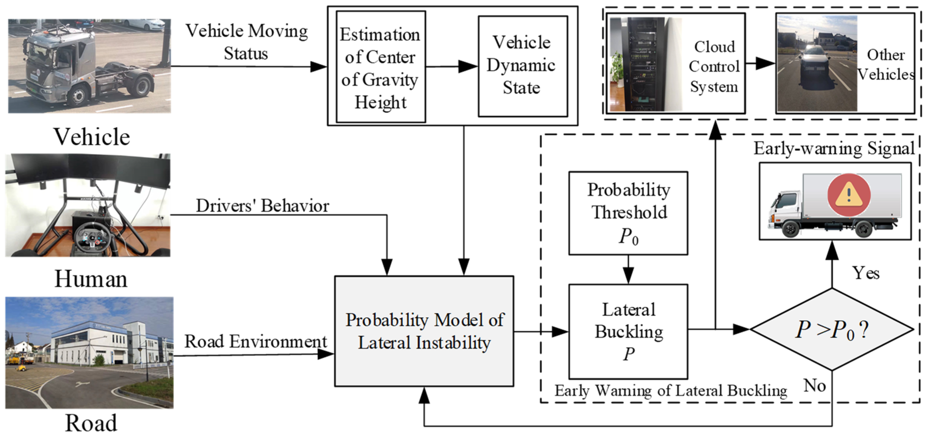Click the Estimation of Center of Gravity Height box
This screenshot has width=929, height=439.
[381, 67]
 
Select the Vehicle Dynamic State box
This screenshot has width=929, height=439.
[522, 66]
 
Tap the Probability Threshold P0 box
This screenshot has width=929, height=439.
[628, 213]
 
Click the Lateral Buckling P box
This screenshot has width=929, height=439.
[628, 331]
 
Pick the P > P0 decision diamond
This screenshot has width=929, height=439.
[832, 329]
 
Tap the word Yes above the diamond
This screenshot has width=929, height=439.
[866, 273]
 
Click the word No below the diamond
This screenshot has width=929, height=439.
[814, 386]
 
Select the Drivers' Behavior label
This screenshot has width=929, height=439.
[262, 206]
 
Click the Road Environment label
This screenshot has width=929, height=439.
[255, 341]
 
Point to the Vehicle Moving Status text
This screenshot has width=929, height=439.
[246, 42]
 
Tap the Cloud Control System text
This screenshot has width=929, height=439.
[714, 67]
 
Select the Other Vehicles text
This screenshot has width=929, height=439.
[885, 65]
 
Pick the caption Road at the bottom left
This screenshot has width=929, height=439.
[91, 423]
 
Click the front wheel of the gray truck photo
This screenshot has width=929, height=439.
[78, 96]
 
